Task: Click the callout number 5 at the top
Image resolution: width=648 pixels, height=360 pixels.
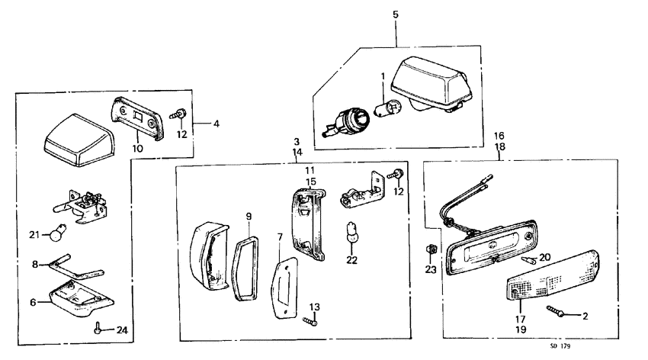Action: [395, 14]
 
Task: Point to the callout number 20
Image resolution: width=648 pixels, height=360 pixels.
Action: [543, 257]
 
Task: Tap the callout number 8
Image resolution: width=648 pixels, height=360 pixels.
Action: [35, 265]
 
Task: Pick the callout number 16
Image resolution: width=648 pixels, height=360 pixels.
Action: [499, 134]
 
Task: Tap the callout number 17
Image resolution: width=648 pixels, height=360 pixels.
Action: [521, 320]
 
